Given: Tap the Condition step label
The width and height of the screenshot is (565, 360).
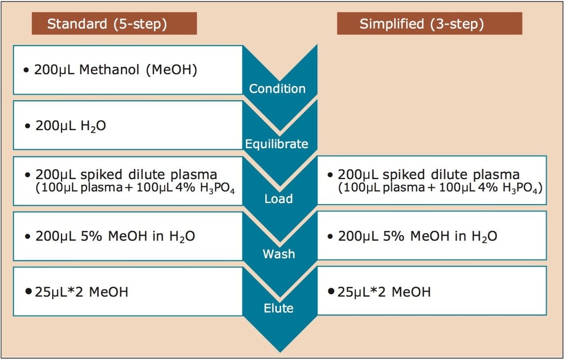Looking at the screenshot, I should click(277, 89).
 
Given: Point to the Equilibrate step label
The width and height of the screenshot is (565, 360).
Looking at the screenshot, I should click(277, 144).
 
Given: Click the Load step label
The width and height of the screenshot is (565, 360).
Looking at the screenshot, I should click(279, 199).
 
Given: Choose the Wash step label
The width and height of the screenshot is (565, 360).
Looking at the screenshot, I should click(279, 254).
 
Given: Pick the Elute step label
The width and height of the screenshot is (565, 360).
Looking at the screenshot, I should click(279, 308).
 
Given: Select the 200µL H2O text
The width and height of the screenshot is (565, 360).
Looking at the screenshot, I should click(71, 126).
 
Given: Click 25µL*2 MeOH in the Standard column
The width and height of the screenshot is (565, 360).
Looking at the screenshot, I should click(81, 292).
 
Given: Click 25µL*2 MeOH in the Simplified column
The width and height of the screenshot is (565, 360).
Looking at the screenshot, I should click(384, 292).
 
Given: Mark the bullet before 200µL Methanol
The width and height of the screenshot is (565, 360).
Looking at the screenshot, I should click(27, 71).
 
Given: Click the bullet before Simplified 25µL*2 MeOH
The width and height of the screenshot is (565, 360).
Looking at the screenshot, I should click(331, 291).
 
